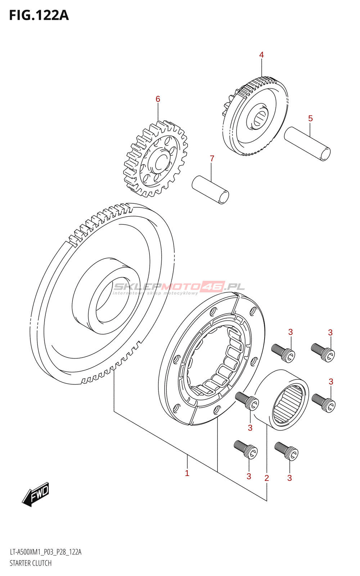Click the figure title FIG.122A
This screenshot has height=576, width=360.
(39, 15)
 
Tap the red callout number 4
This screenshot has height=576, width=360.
(261, 55)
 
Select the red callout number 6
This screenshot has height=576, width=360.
(158, 99)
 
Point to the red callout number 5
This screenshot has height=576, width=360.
(310, 118)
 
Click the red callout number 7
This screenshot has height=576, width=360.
(212, 158)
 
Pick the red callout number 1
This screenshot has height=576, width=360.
(187, 473)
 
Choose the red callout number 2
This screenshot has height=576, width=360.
(266, 478)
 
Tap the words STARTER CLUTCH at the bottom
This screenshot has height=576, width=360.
(31, 563)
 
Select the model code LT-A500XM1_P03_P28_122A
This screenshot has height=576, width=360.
(45, 552)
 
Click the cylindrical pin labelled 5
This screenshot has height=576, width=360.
(307, 144)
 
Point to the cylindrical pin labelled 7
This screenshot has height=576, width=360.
(210, 189)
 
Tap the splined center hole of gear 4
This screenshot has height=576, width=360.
(259, 118)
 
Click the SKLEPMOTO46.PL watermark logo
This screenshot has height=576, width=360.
(179, 287)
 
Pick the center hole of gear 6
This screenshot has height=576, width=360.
(160, 161)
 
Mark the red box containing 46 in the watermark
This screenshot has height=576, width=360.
(212, 286)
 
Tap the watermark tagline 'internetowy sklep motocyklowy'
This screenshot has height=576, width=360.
(156, 293)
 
